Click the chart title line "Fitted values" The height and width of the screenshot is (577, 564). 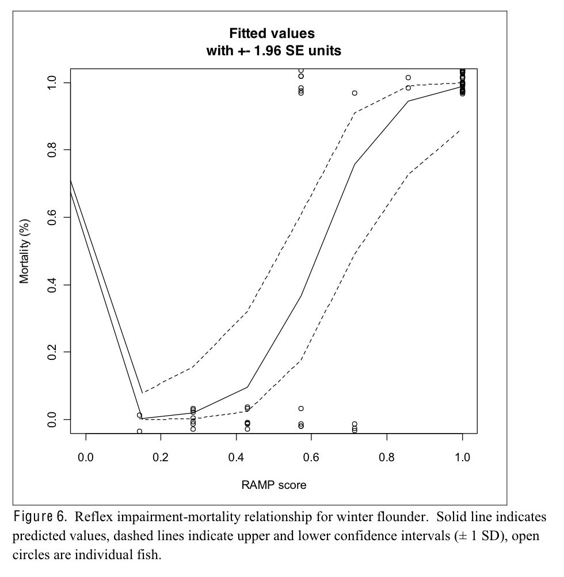273,33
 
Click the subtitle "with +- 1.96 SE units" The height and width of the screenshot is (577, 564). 273,51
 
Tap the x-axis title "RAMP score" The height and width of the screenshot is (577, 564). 273,485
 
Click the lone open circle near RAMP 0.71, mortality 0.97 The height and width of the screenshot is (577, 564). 355,93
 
